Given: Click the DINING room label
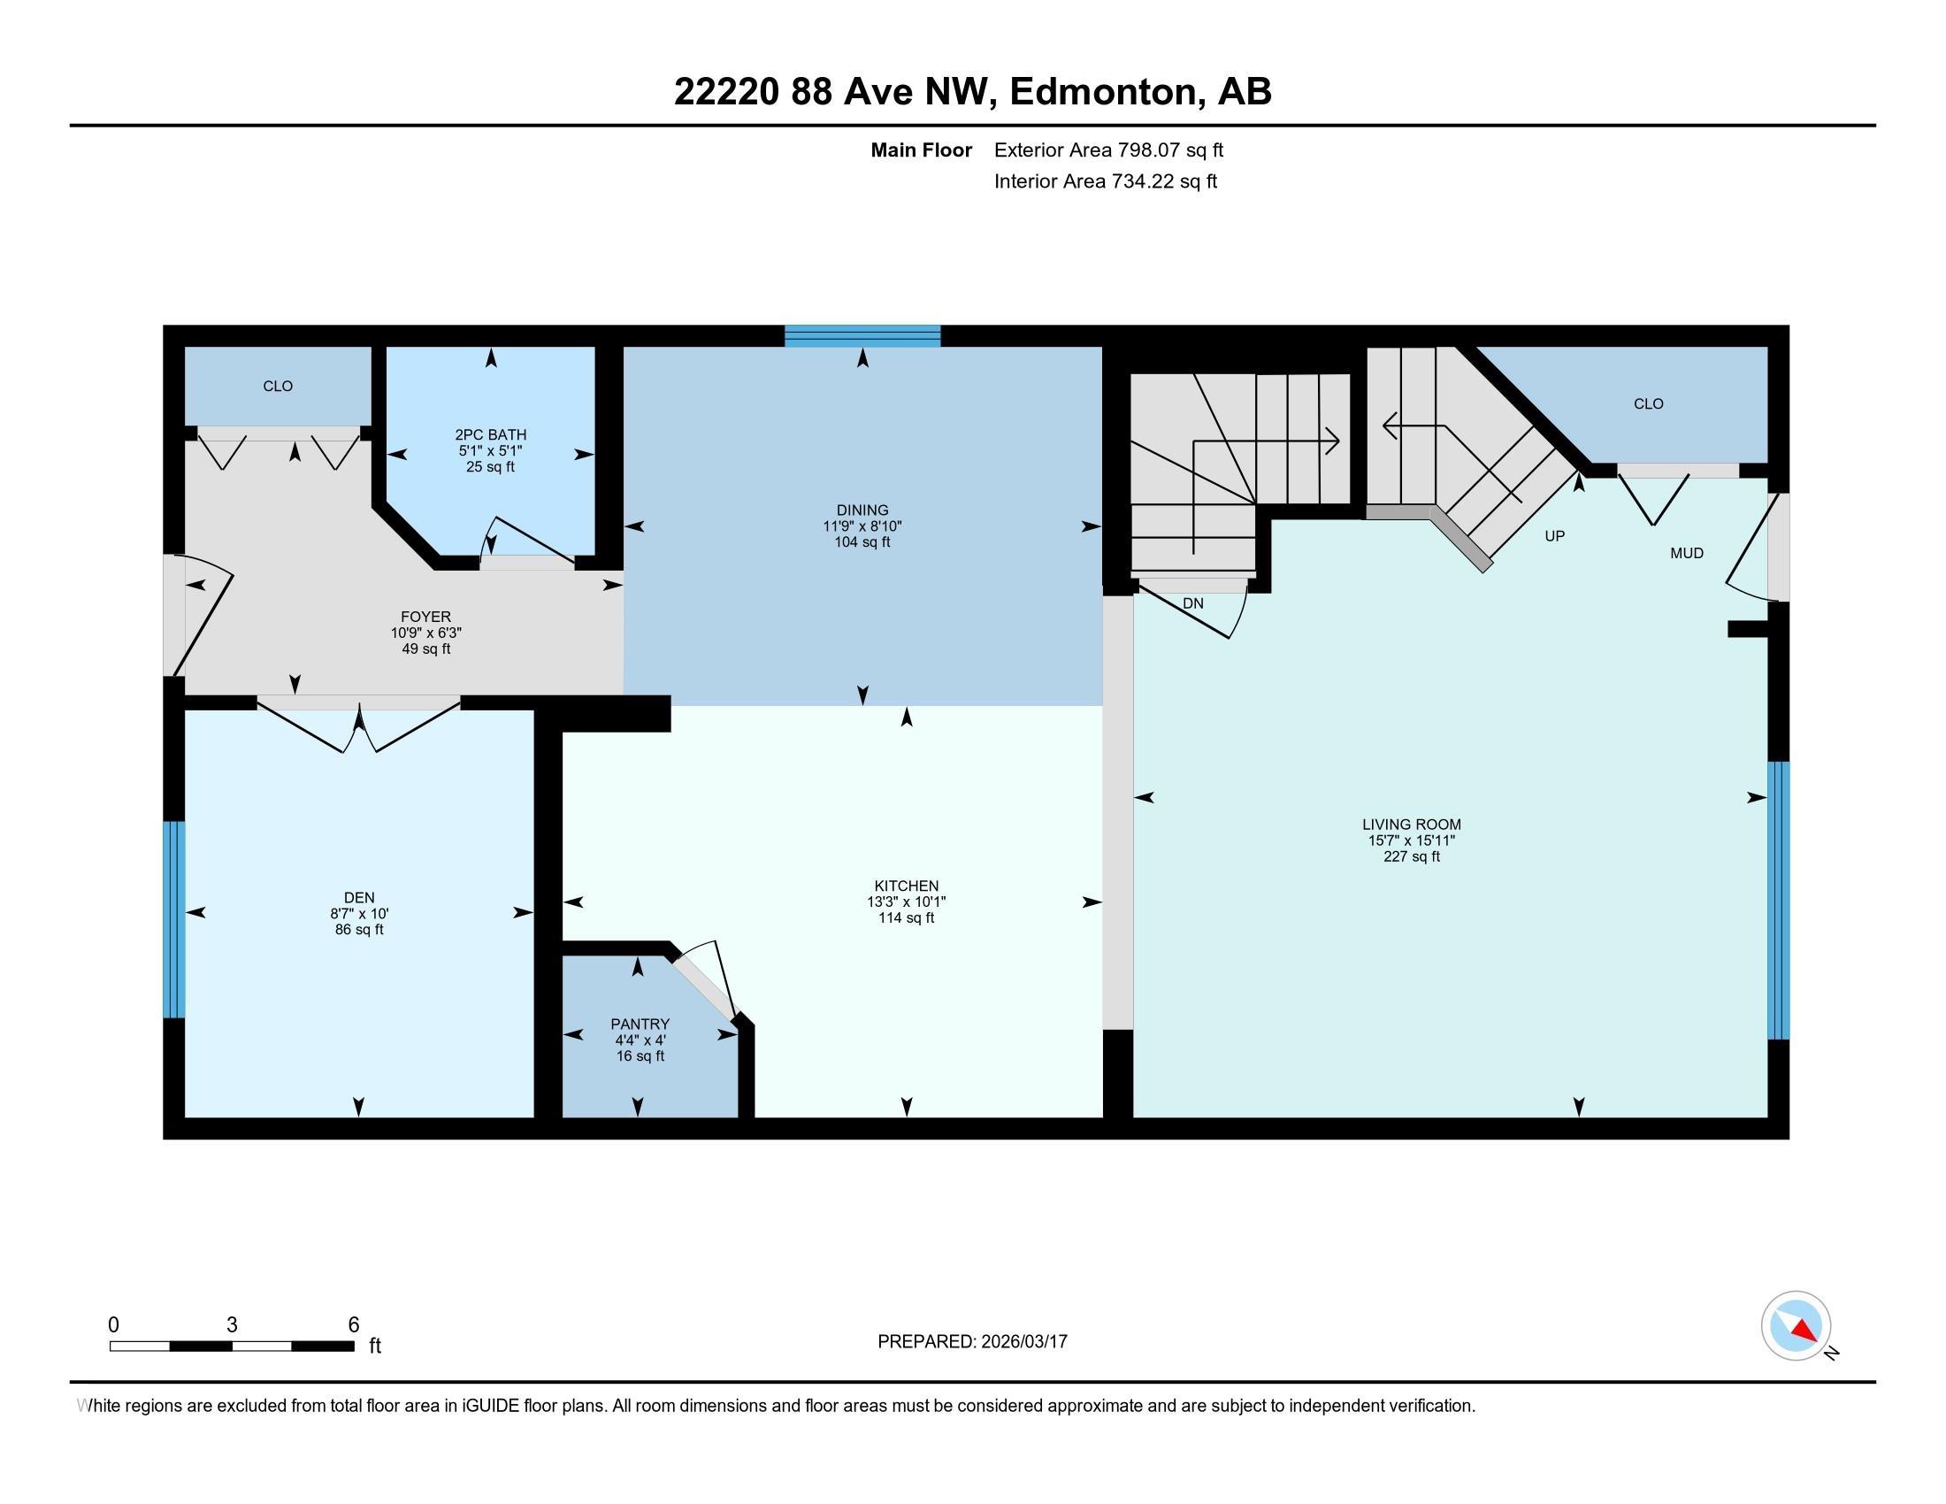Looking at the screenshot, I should coord(862,510).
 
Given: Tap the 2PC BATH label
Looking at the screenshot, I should coord(490,434).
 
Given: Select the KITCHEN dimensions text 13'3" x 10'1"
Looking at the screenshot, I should coord(906,902).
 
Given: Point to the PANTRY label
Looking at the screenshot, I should coord(640,1024).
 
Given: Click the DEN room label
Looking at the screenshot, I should coord(359,897).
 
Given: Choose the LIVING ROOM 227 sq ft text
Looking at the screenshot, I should coord(1412,856).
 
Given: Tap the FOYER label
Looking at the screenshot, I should coord(426,617).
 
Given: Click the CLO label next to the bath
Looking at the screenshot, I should coord(278,386).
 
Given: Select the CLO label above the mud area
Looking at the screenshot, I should coord(1649,403).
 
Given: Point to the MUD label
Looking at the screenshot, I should coord(1687,553).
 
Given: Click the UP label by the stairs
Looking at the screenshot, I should coord(1554,536).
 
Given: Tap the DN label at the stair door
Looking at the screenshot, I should coord(1193,603).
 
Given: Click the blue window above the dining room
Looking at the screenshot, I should coord(862,336).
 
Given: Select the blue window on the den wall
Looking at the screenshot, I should coord(173,918).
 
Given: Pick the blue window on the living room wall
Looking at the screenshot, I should coord(1777,900).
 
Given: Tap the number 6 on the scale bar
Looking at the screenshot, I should coord(353,1325).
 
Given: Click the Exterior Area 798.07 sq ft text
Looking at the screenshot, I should coord(1108,150).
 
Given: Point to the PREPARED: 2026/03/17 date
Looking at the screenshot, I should coord(972,1342).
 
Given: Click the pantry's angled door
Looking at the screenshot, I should coord(704,986).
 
